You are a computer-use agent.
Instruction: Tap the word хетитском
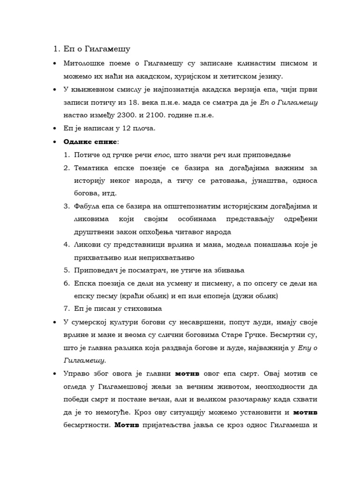[237, 76]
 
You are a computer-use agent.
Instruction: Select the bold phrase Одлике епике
[90, 141]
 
